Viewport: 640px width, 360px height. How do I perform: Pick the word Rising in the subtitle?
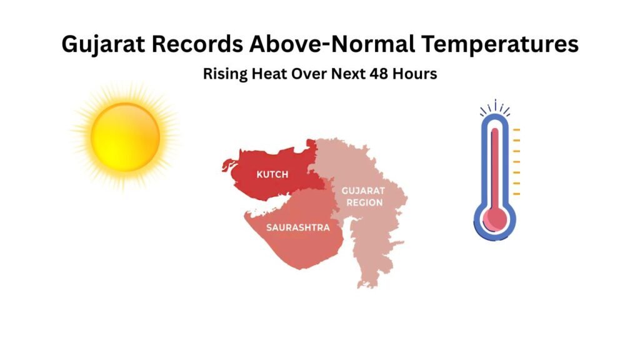[x=222, y=74]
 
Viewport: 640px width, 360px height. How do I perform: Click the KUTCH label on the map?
[x=272, y=174]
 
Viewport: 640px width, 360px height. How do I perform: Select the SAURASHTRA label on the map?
[x=297, y=227]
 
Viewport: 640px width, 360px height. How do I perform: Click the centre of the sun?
[x=125, y=137]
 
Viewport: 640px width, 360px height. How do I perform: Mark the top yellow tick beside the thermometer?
[x=516, y=129]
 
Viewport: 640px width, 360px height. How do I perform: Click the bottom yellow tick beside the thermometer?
[x=516, y=194]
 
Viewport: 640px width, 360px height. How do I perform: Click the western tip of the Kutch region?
[x=223, y=167]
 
